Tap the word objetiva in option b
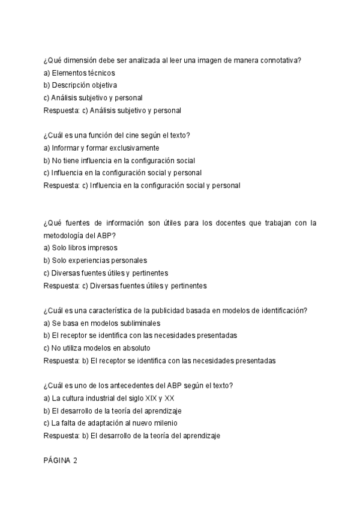[104, 85]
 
